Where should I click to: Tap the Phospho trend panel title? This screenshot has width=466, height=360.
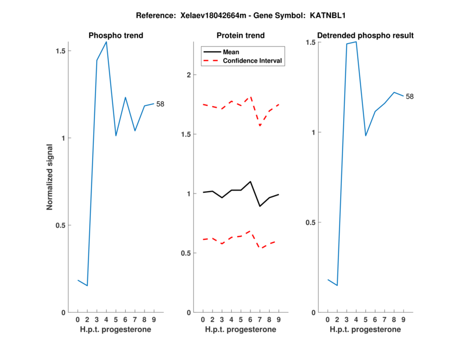coord(116,36)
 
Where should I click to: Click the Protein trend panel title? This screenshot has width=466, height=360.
coord(241,36)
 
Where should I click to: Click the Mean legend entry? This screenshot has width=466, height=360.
coord(231,52)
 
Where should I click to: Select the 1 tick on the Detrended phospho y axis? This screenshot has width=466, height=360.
coord(313,132)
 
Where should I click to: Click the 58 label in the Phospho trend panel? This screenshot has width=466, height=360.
coord(160,104)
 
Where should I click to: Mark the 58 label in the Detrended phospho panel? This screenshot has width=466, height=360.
coord(409,96)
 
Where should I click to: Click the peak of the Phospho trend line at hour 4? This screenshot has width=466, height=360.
coord(107,42)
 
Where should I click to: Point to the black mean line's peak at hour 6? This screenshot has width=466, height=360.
coord(250,181)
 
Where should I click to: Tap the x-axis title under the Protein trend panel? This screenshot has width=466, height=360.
coord(241,330)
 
